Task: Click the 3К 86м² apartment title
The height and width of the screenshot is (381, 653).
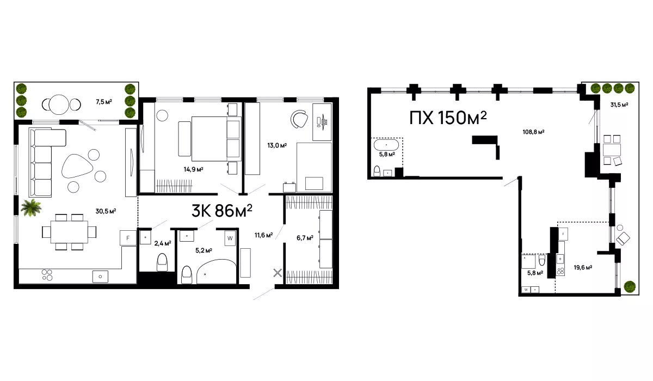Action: point(221,211)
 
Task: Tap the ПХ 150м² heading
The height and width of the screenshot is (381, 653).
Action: point(448,118)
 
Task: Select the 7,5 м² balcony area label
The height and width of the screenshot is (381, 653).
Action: point(104,102)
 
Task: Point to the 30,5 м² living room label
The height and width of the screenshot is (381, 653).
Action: point(106,211)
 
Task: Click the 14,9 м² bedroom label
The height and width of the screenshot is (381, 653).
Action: point(193,169)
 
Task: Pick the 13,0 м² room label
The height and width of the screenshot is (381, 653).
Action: point(277,145)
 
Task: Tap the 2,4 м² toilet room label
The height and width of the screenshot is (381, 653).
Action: point(163,243)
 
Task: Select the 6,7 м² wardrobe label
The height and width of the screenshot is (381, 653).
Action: point(305,238)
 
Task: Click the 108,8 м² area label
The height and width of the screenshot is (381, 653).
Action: point(533,132)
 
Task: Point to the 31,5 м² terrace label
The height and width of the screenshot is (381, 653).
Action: point(619,105)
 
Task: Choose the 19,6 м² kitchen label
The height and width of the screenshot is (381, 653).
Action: point(583,267)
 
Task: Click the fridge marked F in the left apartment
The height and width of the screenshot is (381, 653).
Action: point(128,238)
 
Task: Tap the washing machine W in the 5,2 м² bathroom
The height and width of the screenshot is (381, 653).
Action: point(230,238)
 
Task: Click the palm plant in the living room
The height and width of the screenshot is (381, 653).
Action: point(31,207)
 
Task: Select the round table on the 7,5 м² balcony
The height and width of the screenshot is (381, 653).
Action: point(59,105)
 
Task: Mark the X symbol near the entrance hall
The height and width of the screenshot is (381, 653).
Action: point(278,273)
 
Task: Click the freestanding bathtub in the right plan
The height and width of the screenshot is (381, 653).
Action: point(386,145)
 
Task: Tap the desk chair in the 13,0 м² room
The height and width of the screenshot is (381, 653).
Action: point(299,119)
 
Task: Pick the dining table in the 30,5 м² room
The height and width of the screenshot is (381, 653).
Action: point(69,232)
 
